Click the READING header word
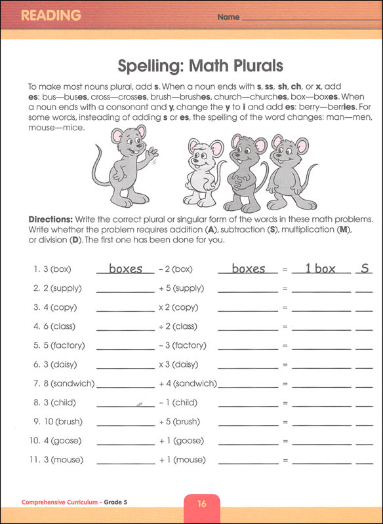[x=50, y=15]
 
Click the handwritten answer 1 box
[x=315, y=269]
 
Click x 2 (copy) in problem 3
[x=178, y=307]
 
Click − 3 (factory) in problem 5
[x=182, y=345]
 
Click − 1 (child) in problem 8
[x=178, y=402]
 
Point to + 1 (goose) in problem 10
[x=180, y=440]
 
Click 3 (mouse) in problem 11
[x=57, y=460]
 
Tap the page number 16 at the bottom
[x=202, y=504]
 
